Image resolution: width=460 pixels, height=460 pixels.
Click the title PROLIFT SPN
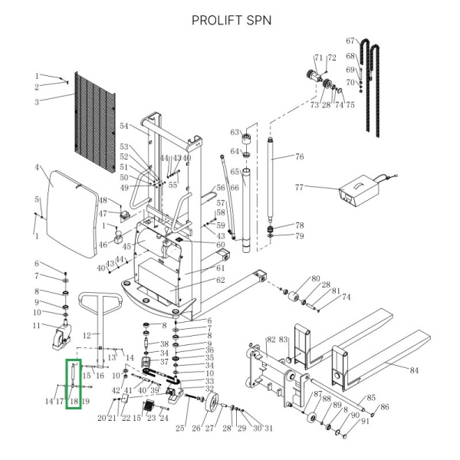tap(231, 20)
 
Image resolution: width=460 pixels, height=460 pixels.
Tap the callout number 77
tap(300, 186)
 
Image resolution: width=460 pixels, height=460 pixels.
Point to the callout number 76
tap(300, 157)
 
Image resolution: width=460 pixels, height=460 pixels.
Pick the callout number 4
tap(37, 167)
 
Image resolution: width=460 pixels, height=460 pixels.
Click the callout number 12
tap(87, 335)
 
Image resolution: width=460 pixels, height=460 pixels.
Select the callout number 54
tap(123, 126)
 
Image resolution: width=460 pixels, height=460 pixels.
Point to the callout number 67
tap(351, 41)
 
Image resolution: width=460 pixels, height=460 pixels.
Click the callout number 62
tap(220, 281)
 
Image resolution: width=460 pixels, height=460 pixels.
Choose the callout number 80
tap(314, 278)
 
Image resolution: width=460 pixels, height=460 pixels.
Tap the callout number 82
tap(270, 339)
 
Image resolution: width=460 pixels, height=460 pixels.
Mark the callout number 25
tap(181, 427)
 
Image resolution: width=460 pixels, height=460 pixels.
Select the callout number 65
tap(235, 172)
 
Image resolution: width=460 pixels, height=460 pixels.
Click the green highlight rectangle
tap(73, 384)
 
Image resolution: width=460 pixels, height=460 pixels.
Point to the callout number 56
tap(221, 187)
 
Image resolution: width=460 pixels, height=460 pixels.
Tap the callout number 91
tap(365, 421)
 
